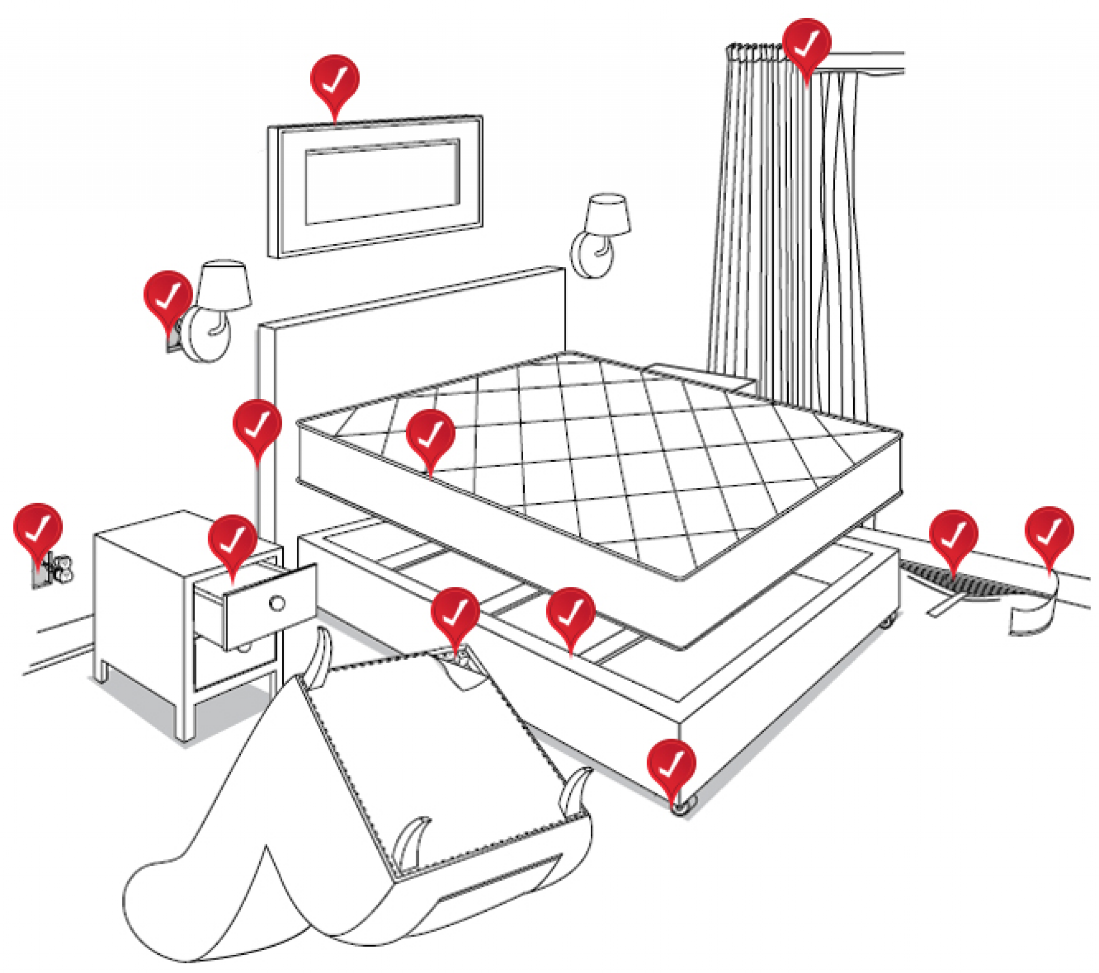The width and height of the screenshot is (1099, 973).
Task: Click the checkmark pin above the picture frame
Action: (334, 80)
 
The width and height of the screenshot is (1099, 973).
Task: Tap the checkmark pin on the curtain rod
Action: (806, 43)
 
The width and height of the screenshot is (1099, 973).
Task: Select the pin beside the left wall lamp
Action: (168, 296)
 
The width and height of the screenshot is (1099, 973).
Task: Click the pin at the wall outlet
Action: (38, 528)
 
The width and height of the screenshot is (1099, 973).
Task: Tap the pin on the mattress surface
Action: (430, 434)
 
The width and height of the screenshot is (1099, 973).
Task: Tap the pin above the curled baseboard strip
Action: (1049, 532)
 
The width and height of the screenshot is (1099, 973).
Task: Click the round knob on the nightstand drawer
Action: (277, 603)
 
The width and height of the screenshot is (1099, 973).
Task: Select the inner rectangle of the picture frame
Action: (382, 182)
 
